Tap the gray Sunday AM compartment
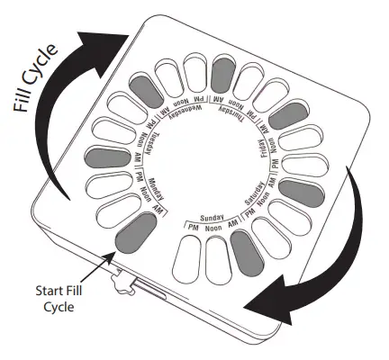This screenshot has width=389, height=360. point(243,251)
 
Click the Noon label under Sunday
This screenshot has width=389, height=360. point(212,229)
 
